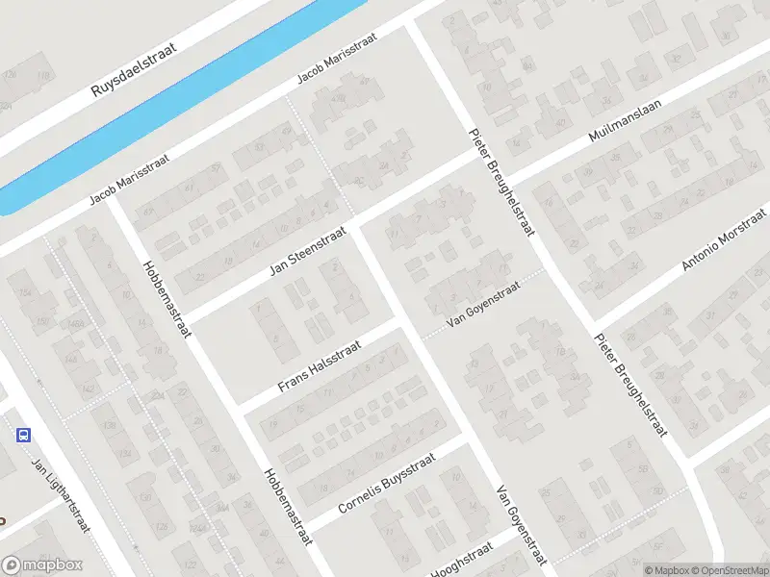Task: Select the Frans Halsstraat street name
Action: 319,366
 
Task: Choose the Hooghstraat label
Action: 461,561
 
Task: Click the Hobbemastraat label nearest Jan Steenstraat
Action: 167,299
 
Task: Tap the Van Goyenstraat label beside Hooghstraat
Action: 521,525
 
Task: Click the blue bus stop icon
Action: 23,435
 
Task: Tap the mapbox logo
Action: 43,565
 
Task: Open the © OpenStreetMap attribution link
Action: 728,570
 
